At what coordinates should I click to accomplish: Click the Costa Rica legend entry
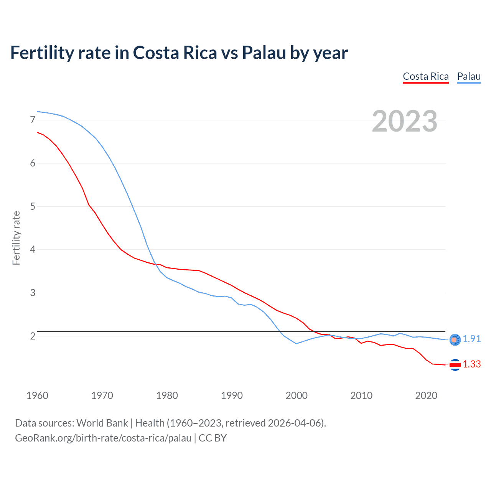pos(425,76)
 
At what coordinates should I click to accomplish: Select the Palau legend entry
pos(469,76)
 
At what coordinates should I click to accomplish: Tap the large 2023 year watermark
pos(405,121)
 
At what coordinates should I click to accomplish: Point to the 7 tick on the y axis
pos(33,120)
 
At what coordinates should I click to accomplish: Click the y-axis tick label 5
pos(33,206)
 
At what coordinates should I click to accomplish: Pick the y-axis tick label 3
pos(33,293)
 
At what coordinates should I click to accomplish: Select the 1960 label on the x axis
pos(37,395)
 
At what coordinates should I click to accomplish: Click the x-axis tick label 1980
pos(167,395)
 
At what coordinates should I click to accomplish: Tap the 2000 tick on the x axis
pos(297,395)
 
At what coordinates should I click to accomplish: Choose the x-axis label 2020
pos(426,395)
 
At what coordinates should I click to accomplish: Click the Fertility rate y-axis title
pos(16,238)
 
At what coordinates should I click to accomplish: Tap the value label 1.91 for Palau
pos(471,339)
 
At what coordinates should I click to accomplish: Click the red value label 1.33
pos(471,364)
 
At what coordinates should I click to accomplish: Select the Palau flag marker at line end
pos(455,339)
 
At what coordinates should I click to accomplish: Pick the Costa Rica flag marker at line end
pos(455,365)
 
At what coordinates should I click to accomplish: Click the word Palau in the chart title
pos(264,53)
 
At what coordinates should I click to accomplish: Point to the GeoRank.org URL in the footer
pos(103,438)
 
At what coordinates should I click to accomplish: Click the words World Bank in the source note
pos(102,423)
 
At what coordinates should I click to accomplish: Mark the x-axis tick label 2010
pos(361,395)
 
